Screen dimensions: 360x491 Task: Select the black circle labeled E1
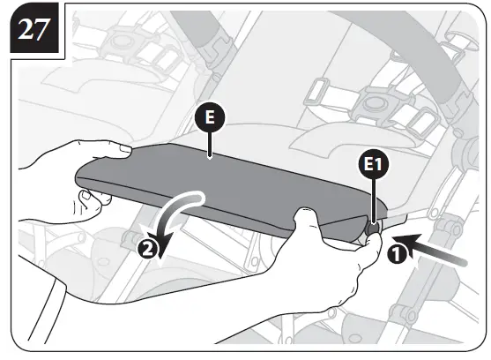(x=376, y=166)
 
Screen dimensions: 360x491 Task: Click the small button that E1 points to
(x=373, y=228)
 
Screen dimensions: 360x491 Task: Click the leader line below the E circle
(x=210, y=146)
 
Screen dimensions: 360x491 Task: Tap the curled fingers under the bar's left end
(x=93, y=199)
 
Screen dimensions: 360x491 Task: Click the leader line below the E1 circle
(x=376, y=199)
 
